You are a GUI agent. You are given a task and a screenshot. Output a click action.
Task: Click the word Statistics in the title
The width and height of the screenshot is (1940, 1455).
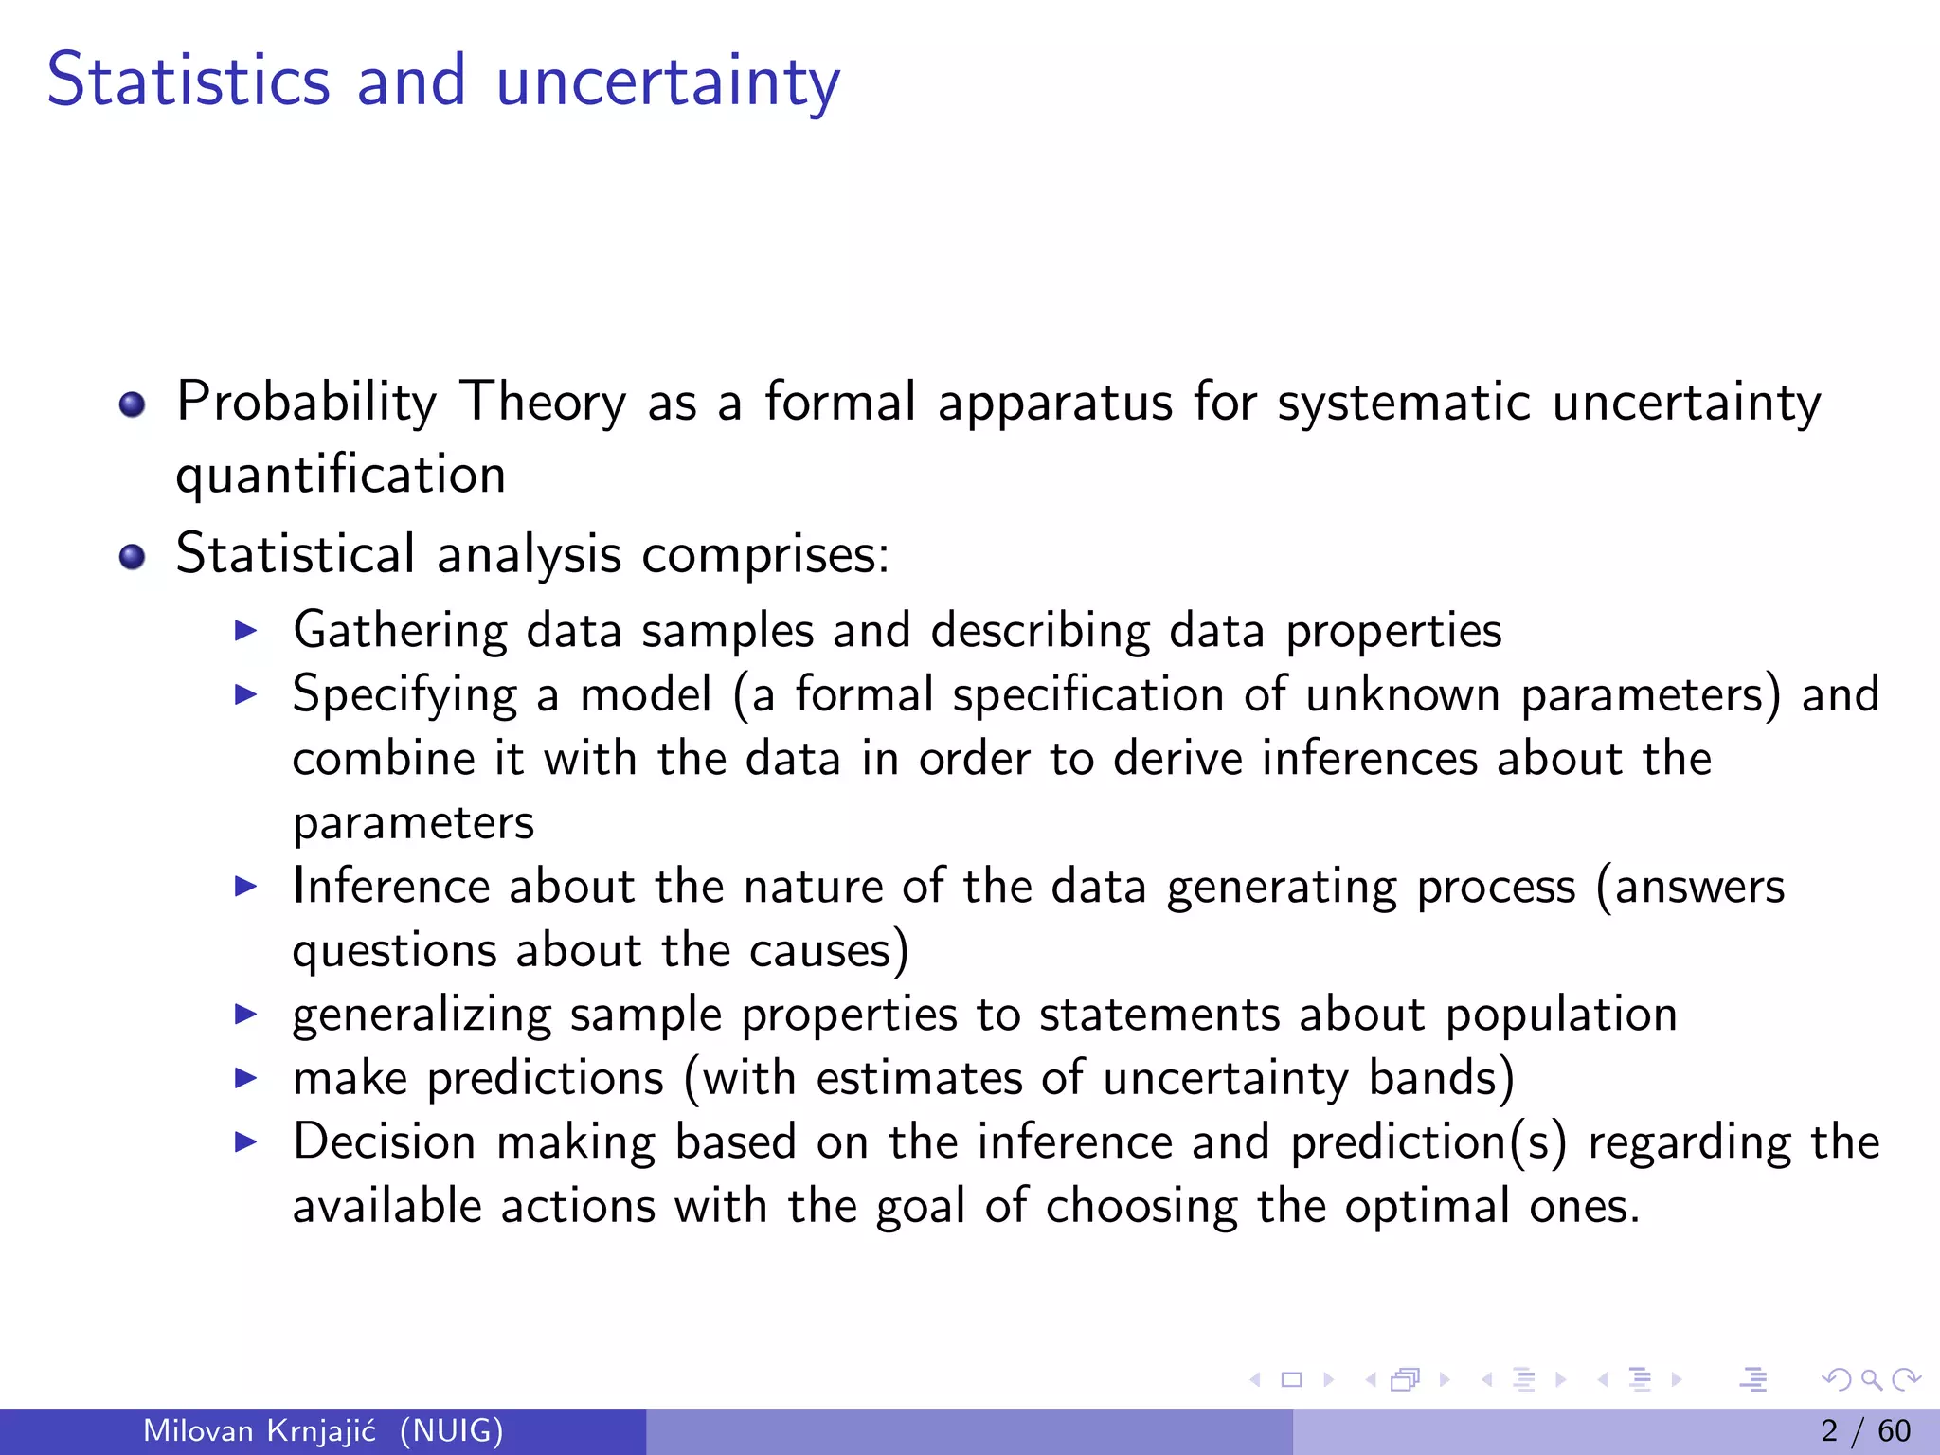[189, 81]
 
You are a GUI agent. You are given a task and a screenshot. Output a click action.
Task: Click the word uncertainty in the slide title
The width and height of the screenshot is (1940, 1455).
[668, 83]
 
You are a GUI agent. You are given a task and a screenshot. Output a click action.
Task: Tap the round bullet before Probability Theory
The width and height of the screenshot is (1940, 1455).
[133, 405]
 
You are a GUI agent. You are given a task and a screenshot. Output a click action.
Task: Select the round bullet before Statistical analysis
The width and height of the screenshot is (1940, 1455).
[133, 557]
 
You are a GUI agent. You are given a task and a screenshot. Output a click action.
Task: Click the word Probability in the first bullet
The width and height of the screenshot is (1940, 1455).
[306, 403]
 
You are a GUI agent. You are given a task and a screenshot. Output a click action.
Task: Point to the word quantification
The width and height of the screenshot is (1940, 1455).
[340, 476]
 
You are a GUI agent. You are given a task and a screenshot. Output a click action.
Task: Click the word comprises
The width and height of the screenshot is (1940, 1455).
[765, 555]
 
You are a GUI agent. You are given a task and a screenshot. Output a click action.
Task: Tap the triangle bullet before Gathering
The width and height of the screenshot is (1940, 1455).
[245, 631]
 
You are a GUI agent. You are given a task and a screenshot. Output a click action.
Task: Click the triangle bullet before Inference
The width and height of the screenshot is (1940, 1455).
[245, 887]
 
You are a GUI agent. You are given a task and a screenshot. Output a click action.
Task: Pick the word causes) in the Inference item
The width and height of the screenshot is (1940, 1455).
[829, 951]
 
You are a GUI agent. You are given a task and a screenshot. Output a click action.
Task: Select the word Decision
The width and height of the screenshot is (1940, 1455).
[384, 1141]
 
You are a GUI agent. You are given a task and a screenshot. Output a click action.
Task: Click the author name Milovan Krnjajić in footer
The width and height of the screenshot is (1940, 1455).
[260, 1430]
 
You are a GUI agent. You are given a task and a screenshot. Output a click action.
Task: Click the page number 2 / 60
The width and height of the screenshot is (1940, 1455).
[1865, 1430]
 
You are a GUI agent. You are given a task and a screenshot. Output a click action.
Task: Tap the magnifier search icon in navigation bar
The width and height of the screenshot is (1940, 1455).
[1871, 1380]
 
